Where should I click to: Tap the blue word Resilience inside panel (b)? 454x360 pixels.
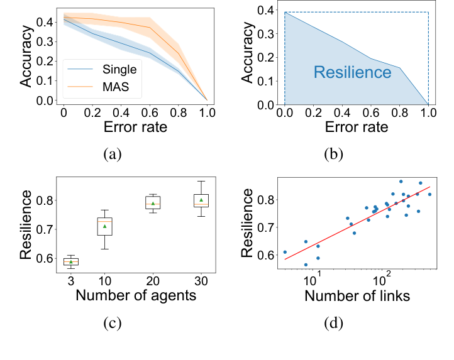[x=352, y=72]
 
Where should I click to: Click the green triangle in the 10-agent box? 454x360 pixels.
[x=105, y=226]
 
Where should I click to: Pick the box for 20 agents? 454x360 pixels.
[x=153, y=202]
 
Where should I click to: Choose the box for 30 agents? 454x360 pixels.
[x=201, y=200]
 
